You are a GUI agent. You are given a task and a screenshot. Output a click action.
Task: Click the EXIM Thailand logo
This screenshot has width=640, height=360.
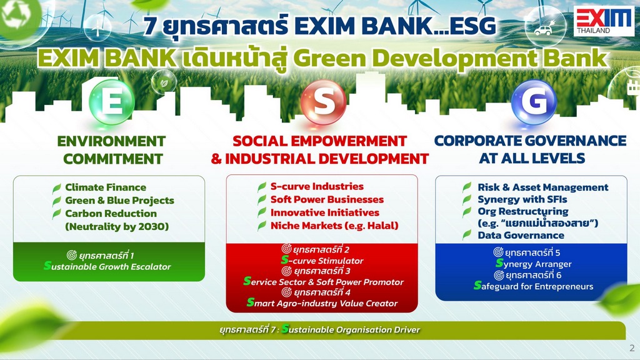click(x=604, y=21)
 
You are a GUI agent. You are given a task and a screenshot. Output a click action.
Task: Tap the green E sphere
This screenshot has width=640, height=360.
click(x=112, y=102)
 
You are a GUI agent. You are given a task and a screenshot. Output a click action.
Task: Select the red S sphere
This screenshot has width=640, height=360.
click(x=323, y=102)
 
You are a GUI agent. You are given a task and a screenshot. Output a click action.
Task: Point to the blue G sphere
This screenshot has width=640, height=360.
click(x=534, y=102)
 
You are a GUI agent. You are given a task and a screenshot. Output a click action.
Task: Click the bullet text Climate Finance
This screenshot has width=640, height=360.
click(x=106, y=187)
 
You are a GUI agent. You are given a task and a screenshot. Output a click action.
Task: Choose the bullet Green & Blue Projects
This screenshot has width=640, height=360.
click(x=119, y=201)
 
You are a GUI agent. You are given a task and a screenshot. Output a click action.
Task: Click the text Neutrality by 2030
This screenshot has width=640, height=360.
click(x=117, y=226)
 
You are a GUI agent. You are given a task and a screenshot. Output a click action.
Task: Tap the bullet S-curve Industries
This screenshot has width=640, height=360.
click(x=317, y=186)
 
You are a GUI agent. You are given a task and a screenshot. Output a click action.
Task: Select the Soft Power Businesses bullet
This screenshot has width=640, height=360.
click(x=327, y=199)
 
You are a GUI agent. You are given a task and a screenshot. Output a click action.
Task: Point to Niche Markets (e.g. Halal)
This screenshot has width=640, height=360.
click(x=334, y=226)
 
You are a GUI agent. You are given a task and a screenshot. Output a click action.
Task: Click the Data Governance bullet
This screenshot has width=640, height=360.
click(x=521, y=236)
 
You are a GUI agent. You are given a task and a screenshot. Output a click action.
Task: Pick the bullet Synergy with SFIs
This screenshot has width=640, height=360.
click(x=522, y=199)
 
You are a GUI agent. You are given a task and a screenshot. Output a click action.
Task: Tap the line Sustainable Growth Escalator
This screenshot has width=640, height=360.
click(x=107, y=266)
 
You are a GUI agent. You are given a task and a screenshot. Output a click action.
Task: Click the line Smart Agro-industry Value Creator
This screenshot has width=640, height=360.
click(x=322, y=303)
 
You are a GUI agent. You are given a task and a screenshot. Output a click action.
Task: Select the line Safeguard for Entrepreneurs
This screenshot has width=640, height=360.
click(x=534, y=286)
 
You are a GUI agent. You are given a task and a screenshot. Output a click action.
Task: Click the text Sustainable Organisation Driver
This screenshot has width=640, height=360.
click(x=351, y=329)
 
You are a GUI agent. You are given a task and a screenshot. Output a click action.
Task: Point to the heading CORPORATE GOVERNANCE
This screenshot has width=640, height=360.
click(x=530, y=141)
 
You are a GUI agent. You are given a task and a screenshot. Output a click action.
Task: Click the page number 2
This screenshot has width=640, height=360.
click(x=632, y=348)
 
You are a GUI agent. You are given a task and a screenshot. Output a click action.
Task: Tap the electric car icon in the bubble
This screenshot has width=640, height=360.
click(x=543, y=30)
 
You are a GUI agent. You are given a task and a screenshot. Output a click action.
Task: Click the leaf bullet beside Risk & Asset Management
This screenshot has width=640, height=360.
click(x=467, y=187)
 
